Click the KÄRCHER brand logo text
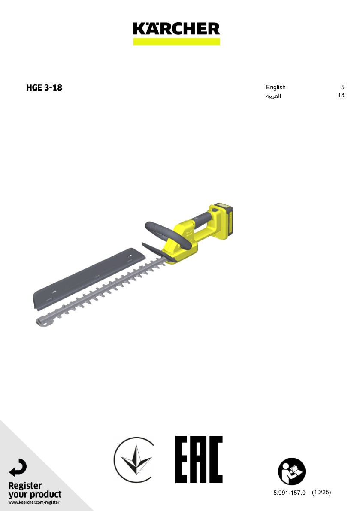[176, 29]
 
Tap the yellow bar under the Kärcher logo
[176, 41]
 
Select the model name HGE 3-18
[44, 87]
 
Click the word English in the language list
[276, 87]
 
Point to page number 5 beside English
[342, 87]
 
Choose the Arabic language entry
[273, 96]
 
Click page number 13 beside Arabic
[341, 95]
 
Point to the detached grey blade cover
[88, 278]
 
